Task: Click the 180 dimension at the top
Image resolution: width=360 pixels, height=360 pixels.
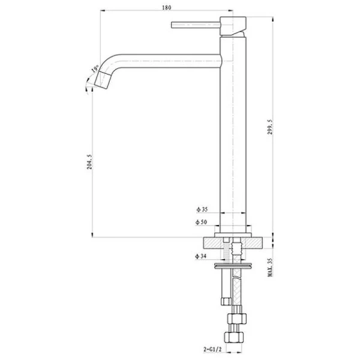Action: (x=167, y=7)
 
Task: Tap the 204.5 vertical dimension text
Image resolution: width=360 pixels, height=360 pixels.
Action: (x=89, y=163)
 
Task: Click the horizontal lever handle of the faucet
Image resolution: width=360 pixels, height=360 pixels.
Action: (x=196, y=25)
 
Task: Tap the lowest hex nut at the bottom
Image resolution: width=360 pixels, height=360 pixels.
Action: (x=235, y=335)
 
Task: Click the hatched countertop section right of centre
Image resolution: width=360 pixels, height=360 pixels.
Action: (x=256, y=243)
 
